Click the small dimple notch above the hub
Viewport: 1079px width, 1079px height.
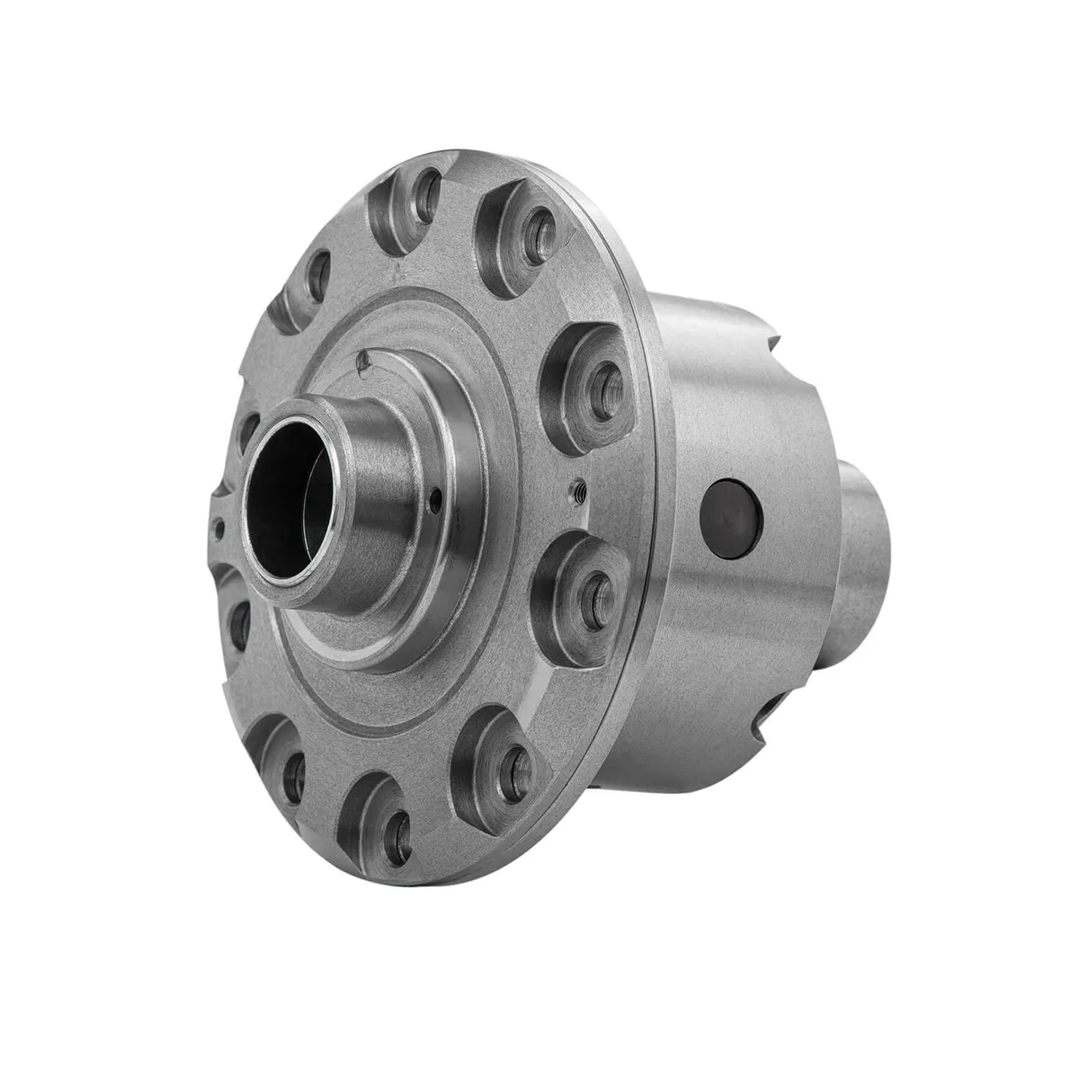tap(363, 361)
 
